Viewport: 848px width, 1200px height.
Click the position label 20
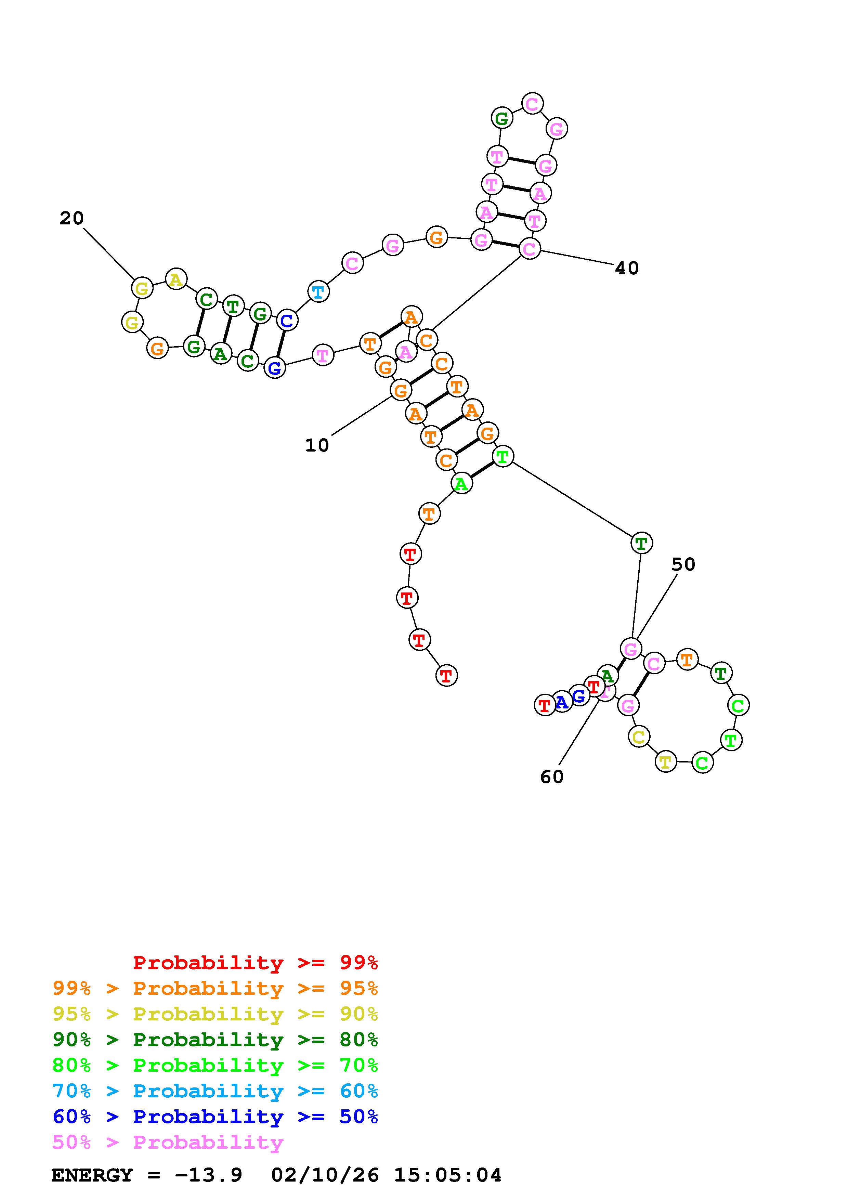71,218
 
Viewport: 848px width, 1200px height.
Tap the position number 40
626,268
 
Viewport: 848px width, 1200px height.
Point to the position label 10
317,445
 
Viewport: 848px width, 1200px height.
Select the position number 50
683,564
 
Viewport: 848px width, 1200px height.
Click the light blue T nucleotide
318,292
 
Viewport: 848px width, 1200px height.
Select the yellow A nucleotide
176,279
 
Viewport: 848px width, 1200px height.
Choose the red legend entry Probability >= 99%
256,963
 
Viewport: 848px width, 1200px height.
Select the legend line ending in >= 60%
215,1091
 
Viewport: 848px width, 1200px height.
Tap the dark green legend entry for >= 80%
215,1040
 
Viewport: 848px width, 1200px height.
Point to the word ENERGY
92,1175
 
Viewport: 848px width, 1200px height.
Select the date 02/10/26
325,1175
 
